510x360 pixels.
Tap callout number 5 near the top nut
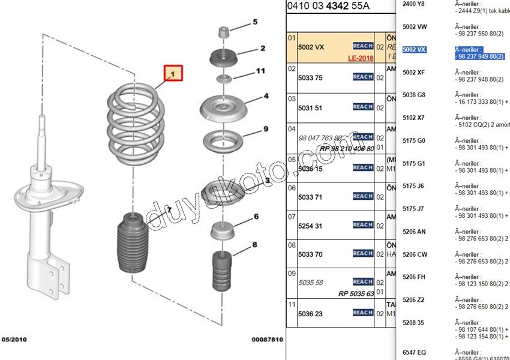coord(254,22)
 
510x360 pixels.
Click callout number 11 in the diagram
coord(260,71)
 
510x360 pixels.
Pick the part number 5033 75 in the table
coord(310,78)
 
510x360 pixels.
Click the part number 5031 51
coord(310,108)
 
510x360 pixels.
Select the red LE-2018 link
coord(361,58)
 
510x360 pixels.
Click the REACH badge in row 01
coord(363,46)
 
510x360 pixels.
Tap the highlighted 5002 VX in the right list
coord(414,50)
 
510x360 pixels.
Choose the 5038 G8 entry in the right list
coord(413,95)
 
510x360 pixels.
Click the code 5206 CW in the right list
coord(414,254)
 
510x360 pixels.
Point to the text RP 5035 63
coord(356,294)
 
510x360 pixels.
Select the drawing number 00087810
coord(266,340)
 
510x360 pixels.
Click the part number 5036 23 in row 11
coord(310,314)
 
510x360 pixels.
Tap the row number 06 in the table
coord(292,188)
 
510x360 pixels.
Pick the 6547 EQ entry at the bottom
coord(414,352)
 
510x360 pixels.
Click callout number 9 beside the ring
coord(265,129)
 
